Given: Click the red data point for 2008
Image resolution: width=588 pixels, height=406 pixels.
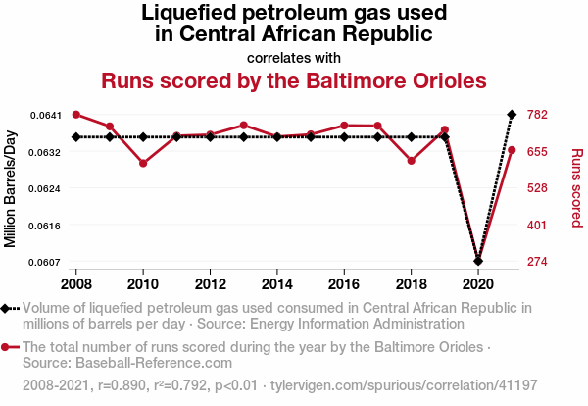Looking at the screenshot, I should [x=76, y=115].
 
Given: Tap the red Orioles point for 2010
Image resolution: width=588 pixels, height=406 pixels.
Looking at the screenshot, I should [x=143, y=163].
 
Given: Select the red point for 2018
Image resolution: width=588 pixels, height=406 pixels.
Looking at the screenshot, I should [x=412, y=161].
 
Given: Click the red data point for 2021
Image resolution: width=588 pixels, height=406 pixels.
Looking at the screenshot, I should [x=512, y=150].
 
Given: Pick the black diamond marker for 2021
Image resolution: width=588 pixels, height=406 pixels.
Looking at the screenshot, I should [x=512, y=115].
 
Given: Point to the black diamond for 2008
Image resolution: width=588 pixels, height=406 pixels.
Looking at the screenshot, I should [x=76, y=137].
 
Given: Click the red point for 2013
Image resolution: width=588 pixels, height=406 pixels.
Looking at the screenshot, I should [x=244, y=126].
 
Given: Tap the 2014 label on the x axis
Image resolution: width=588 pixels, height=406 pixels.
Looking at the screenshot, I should [x=277, y=284].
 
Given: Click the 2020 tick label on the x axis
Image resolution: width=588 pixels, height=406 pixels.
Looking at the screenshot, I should [x=478, y=284].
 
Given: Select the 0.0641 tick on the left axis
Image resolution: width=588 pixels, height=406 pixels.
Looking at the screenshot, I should [x=45, y=116].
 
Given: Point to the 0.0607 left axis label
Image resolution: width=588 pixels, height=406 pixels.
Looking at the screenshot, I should [x=45, y=262].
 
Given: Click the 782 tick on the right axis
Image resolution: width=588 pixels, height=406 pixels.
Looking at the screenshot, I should [x=538, y=116].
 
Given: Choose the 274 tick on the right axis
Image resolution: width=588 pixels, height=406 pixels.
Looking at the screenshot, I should [x=538, y=262].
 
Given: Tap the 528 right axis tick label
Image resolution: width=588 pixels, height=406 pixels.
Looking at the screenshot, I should [x=538, y=188].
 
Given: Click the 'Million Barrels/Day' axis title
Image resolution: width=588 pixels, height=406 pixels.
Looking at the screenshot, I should [x=12, y=188].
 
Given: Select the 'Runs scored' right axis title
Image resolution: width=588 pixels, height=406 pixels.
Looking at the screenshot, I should [x=576, y=188].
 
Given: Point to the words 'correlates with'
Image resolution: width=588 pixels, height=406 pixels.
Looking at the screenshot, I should [x=293, y=57].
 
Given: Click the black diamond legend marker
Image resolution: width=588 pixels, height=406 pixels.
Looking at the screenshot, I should [x=8, y=308].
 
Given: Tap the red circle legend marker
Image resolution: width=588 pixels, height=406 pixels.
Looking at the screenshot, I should [x=8, y=347].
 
